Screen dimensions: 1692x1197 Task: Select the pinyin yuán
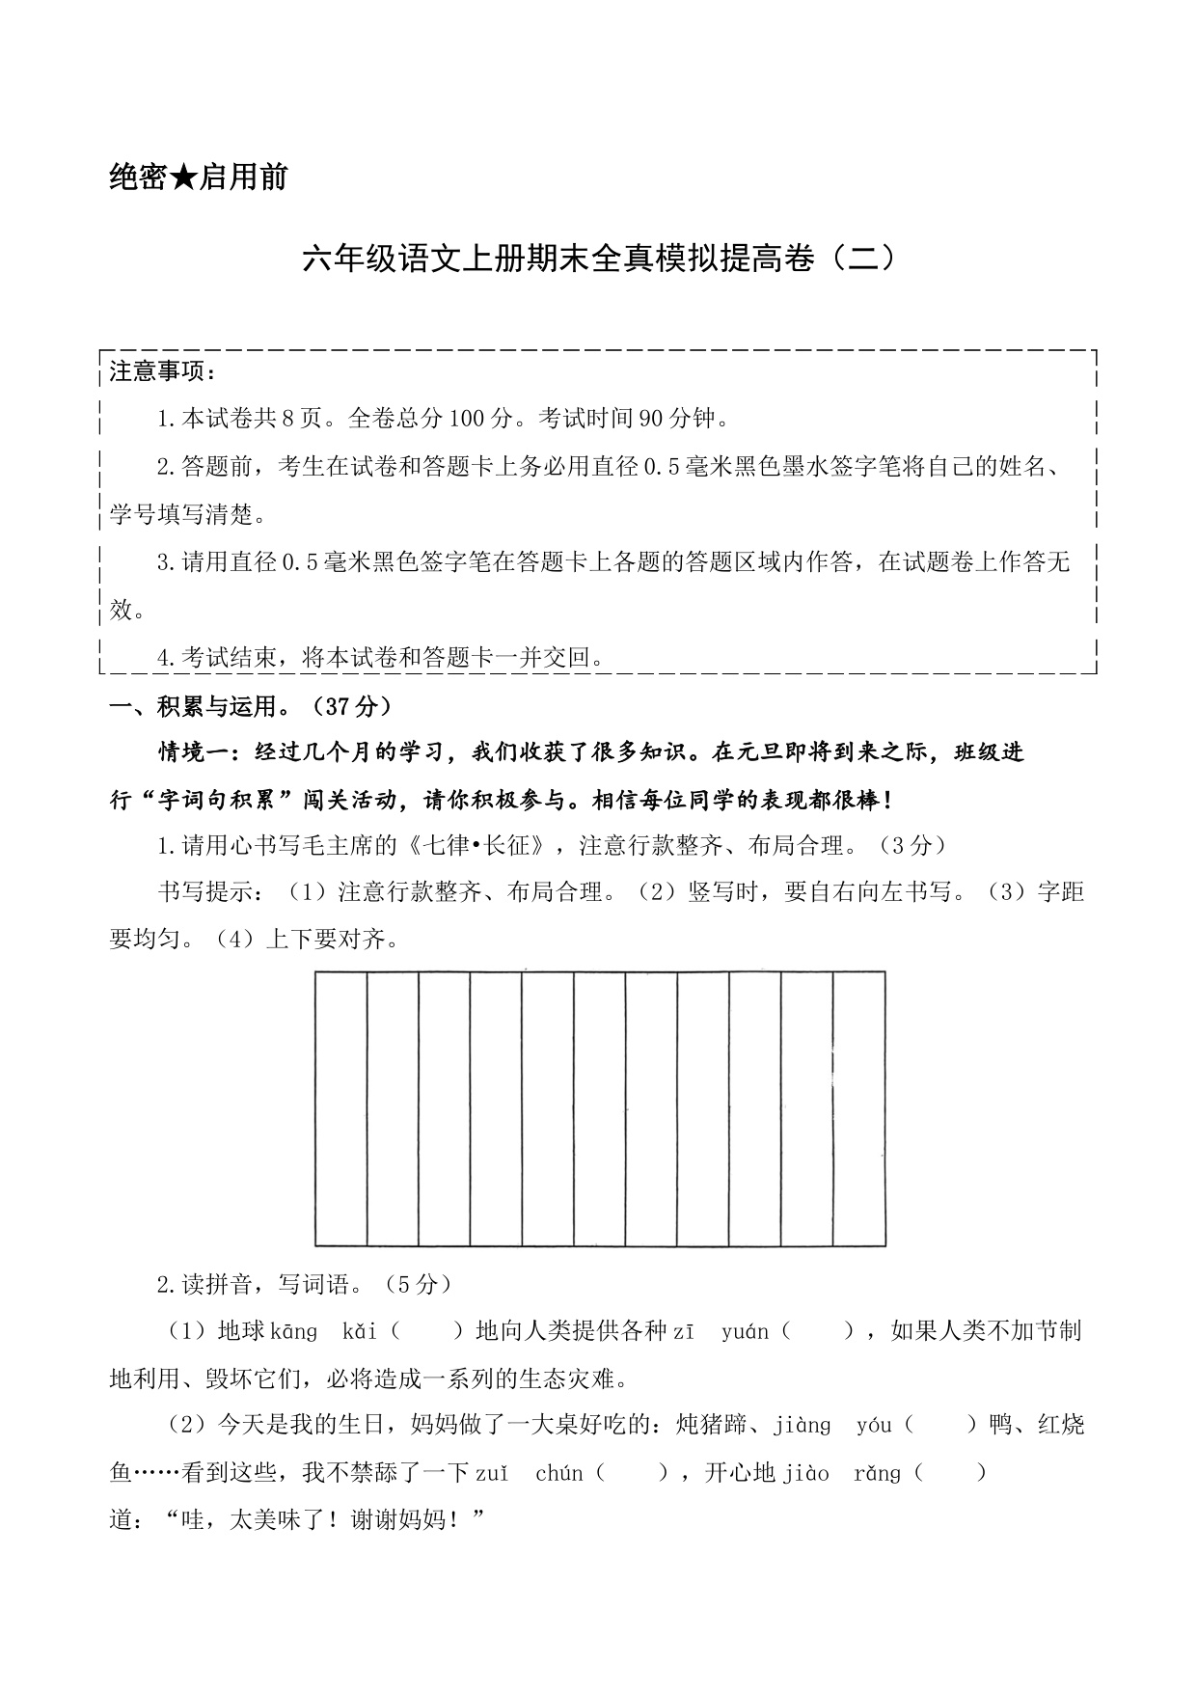745,1332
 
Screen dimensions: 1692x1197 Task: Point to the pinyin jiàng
802,1426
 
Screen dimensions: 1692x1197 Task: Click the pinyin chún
559,1473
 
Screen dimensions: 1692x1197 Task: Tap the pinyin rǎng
877,1473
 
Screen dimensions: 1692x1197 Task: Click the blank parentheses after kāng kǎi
427,1332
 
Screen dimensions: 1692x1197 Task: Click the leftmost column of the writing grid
340,1108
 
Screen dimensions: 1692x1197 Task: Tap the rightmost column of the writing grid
858,1108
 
